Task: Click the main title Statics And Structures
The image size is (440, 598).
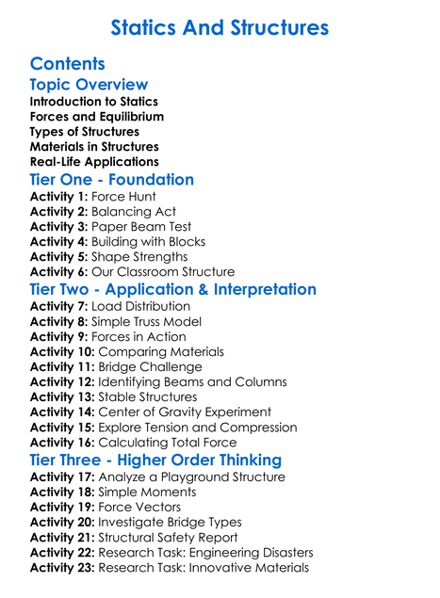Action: click(220, 27)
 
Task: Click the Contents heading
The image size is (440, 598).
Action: click(68, 65)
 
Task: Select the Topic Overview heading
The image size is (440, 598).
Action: click(90, 86)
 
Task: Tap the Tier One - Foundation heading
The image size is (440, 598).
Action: click(112, 180)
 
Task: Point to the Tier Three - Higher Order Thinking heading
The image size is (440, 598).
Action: click(155, 460)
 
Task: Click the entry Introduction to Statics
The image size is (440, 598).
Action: click(94, 102)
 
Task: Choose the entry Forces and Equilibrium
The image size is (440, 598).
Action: click(97, 117)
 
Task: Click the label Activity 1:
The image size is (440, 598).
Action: click(60, 197)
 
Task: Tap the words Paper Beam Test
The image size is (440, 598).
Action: click(141, 227)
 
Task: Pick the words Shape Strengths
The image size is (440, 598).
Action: click(141, 257)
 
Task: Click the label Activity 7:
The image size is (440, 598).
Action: click(60, 306)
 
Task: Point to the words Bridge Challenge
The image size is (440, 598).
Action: click(155, 366)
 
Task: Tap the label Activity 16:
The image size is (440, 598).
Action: click(64, 442)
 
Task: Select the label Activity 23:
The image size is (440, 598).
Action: click(64, 567)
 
